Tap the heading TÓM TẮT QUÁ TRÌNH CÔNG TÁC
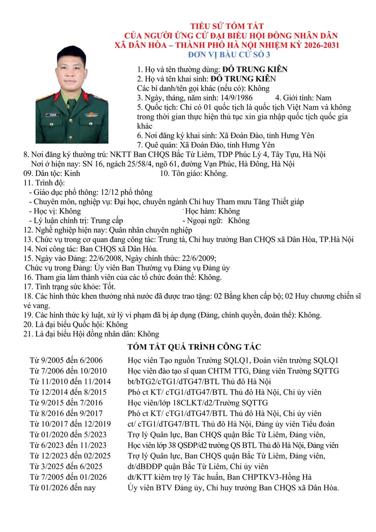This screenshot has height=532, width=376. pos(194,347)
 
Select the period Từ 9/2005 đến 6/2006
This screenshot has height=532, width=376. pos(67,360)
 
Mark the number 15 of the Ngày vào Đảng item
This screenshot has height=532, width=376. pos(28,258)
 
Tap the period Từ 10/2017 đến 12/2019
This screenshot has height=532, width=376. pos(70,424)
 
